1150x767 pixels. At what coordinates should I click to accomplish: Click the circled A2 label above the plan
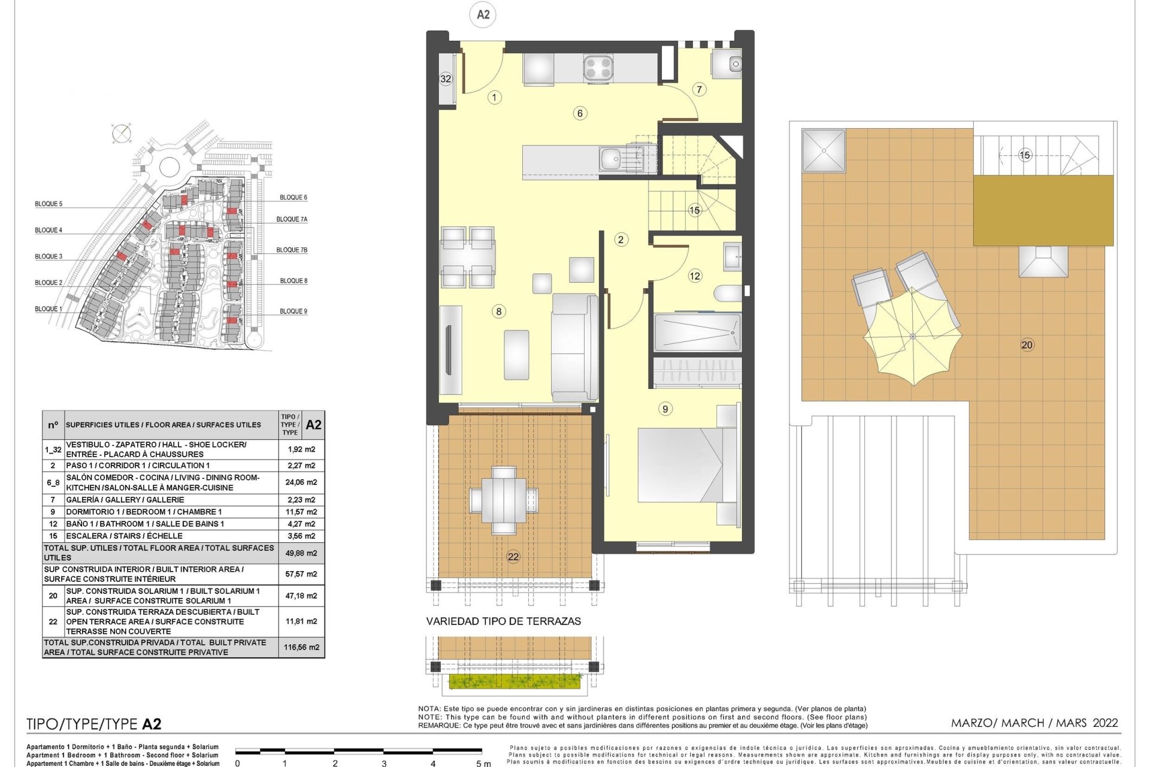(x=483, y=14)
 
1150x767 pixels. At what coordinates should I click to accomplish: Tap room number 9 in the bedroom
(x=665, y=409)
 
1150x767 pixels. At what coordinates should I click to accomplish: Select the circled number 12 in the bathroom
(x=695, y=276)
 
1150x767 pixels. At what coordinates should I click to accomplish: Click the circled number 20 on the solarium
(x=1027, y=345)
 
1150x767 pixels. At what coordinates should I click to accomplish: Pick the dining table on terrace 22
(x=504, y=500)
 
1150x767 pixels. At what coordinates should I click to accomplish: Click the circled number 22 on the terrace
(x=513, y=557)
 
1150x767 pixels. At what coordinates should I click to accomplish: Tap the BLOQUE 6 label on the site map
(x=293, y=197)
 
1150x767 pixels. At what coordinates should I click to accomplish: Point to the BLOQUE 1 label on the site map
(x=49, y=309)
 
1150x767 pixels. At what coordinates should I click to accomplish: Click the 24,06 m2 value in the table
(x=301, y=482)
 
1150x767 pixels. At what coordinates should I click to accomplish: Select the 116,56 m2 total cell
(x=302, y=647)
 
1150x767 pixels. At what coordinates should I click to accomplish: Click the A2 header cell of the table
(x=313, y=425)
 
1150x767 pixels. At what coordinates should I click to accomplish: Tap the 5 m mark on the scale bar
(x=483, y=763)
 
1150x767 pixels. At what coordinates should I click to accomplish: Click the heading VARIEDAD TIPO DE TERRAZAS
(x=504, y=621)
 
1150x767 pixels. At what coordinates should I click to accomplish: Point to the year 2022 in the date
(x=1105, y=723)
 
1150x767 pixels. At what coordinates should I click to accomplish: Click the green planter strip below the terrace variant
(x=515, y=681)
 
